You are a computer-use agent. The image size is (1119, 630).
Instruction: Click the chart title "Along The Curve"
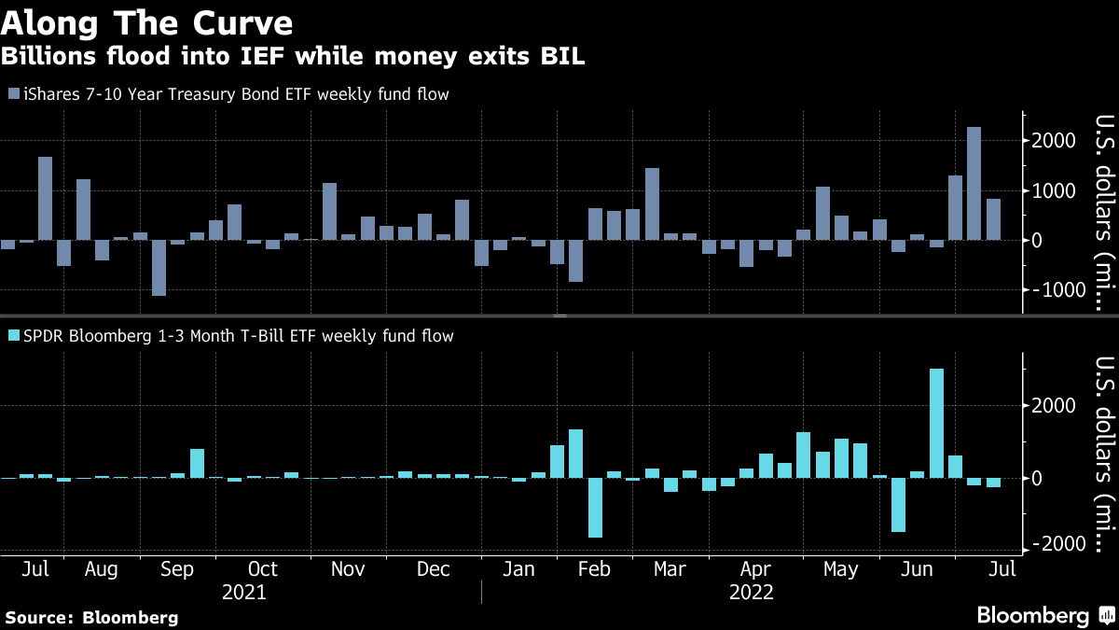click(x=147, y=22)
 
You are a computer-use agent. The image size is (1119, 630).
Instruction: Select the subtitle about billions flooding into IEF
click(x=293, y=57)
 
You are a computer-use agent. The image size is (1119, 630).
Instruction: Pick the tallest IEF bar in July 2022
click(x=974, y=183)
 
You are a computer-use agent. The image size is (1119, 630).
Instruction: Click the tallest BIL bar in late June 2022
click(x=937, y=423)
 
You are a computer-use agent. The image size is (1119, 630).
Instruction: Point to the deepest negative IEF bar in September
click(x=159, y=268)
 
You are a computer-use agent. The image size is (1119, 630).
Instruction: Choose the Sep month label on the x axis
click(x=177, y=568)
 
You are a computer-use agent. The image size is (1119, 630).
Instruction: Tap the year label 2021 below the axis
click(x=244, y=593)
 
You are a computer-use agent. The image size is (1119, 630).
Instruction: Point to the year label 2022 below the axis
click(x=752, y=593)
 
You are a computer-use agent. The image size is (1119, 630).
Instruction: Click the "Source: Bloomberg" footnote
click(x=91, y=617)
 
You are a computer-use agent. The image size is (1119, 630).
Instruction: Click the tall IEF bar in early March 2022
click(x=652, y=203)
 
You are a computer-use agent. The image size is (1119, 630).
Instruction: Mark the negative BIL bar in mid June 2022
click(x=899, y=505)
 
